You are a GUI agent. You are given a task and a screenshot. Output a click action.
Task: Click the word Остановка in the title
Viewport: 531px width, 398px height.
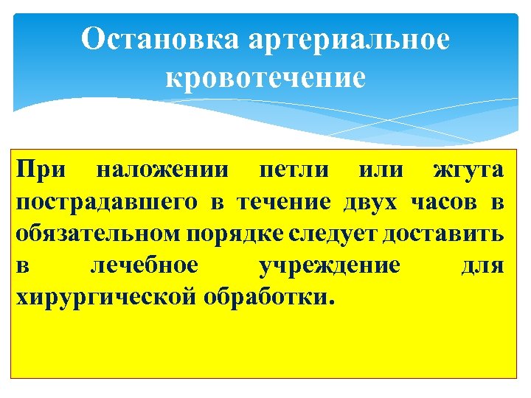(161, 39)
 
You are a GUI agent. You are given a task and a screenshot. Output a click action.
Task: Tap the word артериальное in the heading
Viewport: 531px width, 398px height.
(347, 41)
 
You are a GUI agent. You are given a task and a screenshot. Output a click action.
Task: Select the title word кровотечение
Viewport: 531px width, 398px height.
(265, 78)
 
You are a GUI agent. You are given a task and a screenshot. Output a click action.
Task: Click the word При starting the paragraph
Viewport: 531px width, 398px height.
(42, 171)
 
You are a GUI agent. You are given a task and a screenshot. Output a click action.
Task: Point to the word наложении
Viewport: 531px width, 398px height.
(164, 171)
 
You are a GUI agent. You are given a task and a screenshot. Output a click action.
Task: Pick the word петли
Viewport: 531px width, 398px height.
(291, 171)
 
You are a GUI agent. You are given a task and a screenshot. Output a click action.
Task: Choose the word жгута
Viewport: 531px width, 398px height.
(468, 172)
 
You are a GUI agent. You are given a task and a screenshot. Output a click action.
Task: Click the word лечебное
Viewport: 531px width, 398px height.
(144, 266)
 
